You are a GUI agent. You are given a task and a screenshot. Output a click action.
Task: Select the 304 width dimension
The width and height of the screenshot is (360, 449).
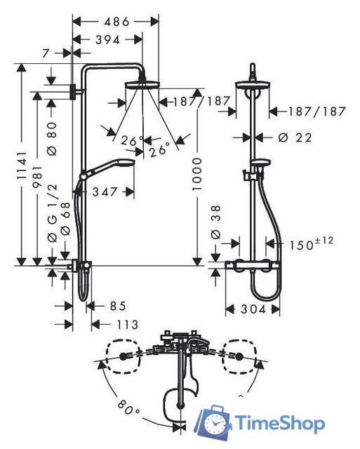tap(252, 309)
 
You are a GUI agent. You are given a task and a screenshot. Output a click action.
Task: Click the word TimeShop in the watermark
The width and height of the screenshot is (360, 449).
tap(279, 423)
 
